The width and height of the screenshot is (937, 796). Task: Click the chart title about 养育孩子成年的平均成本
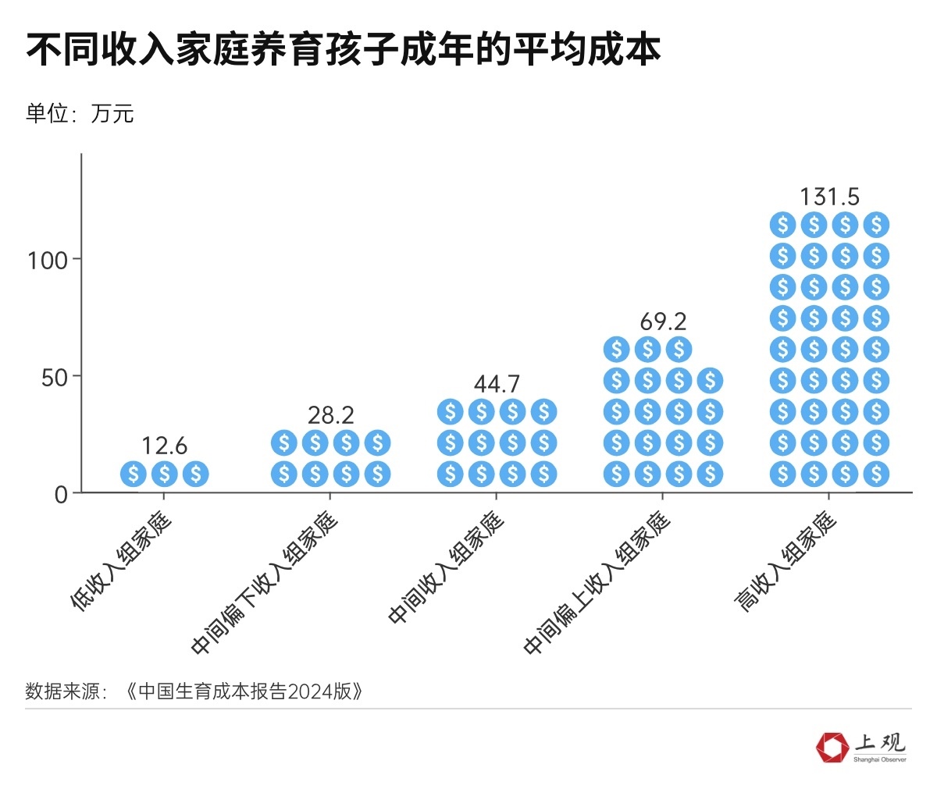(344, 48)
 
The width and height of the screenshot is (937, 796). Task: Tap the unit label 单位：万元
(80, 114)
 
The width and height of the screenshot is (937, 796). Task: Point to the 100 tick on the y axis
(48, 260)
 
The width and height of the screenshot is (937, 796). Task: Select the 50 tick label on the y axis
(55, 378)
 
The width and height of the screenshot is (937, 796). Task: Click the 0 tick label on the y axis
(62, 495)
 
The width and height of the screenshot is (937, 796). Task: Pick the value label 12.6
(165, 446)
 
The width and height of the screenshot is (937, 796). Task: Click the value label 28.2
(331, 414)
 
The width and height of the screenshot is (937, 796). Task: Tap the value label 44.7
(497, 383)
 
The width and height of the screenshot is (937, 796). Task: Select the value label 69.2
(663, 321)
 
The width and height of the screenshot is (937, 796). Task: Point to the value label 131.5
(829, 197)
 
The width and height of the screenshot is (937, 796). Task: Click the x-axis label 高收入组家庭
(787, 562)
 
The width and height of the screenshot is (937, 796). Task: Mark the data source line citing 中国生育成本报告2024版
(195, 691)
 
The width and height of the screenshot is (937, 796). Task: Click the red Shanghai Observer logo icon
(832, 747)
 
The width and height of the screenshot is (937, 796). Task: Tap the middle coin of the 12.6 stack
(165, 474)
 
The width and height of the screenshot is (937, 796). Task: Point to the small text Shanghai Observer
(880, 759)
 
